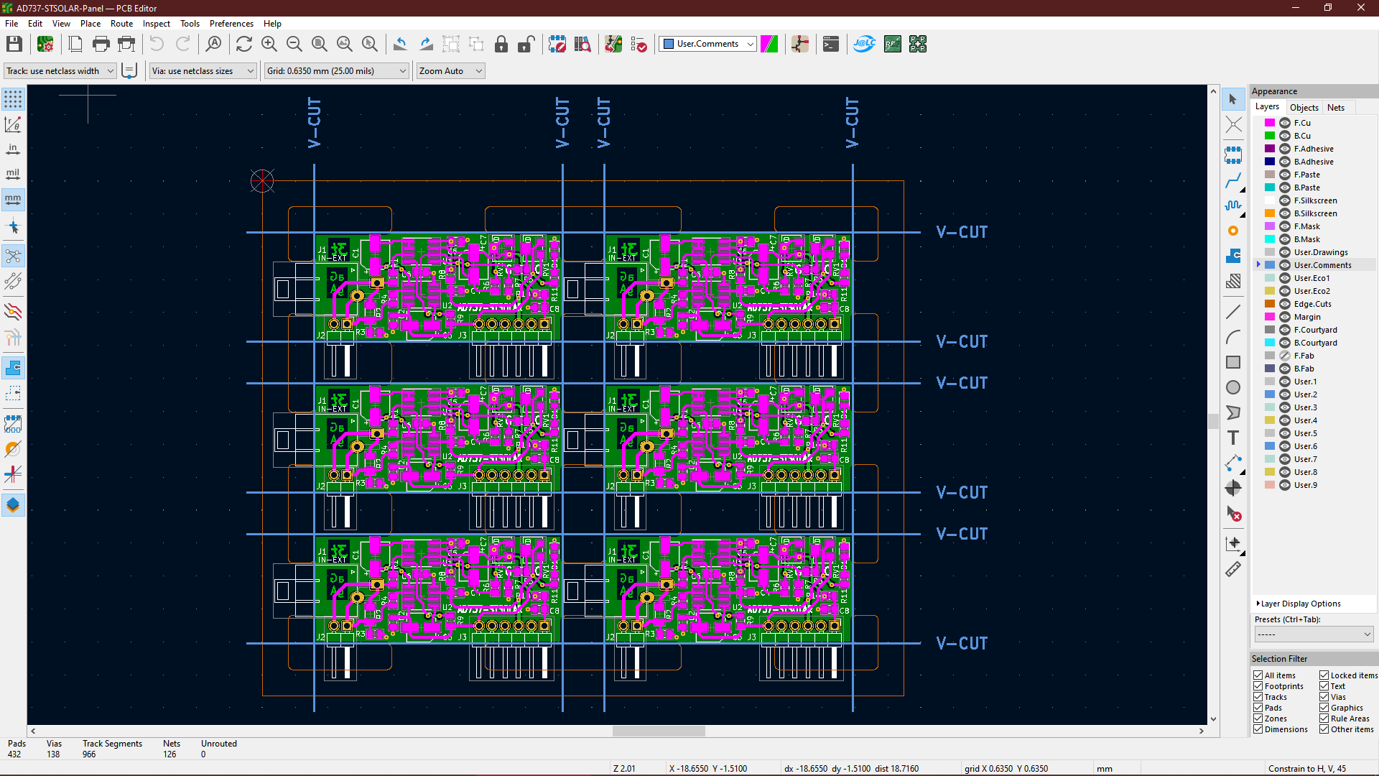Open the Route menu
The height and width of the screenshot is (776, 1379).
tap(121, 24)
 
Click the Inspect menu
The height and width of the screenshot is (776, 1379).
tap(156, 24)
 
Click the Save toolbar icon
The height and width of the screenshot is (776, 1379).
tap(14, 45)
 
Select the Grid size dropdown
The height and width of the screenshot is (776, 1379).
tap(336, 71)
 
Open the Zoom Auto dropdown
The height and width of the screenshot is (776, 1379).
tap(450, 71)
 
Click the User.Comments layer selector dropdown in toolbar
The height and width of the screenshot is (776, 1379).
tap(708, 45)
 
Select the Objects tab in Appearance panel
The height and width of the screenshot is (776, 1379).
tap(1304, 108)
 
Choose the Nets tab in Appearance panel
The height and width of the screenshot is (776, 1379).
tap(1335, 108)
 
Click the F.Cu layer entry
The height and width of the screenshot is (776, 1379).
tap(1302, 123)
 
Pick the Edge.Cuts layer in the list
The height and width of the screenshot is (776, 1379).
tap(1312, 304)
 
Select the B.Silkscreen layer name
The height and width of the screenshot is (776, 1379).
tap(1315, 213)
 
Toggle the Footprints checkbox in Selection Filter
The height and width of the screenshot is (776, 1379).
tap(1258, 686)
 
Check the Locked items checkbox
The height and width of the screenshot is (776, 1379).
tap(1324, 675)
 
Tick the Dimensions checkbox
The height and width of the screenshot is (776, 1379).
tap(1258, 729)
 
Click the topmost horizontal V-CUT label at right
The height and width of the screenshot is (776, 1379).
tap(962, 232)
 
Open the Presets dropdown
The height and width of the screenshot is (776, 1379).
tap(1314, 634)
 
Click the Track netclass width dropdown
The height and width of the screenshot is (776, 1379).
tap(60, 71)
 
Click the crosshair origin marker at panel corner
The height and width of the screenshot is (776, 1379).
tap(262, 181)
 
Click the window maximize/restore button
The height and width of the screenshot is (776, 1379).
tap(1328, 8)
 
